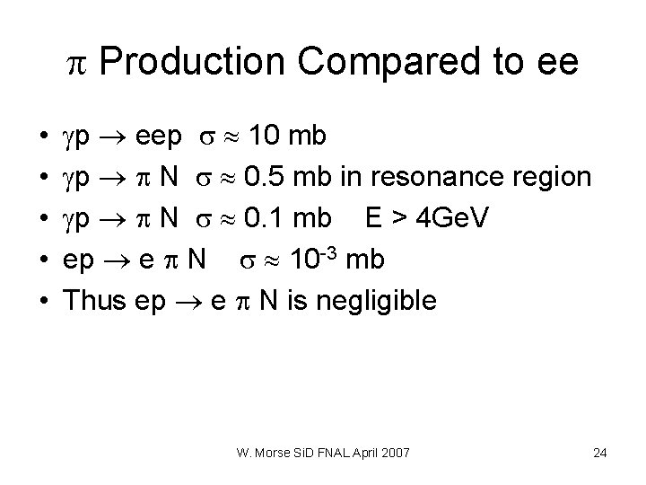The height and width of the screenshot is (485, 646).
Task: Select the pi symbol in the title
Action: [75, 63]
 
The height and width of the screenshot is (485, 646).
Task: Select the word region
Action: [551, 178]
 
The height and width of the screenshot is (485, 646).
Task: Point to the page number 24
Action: [600, 453]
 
